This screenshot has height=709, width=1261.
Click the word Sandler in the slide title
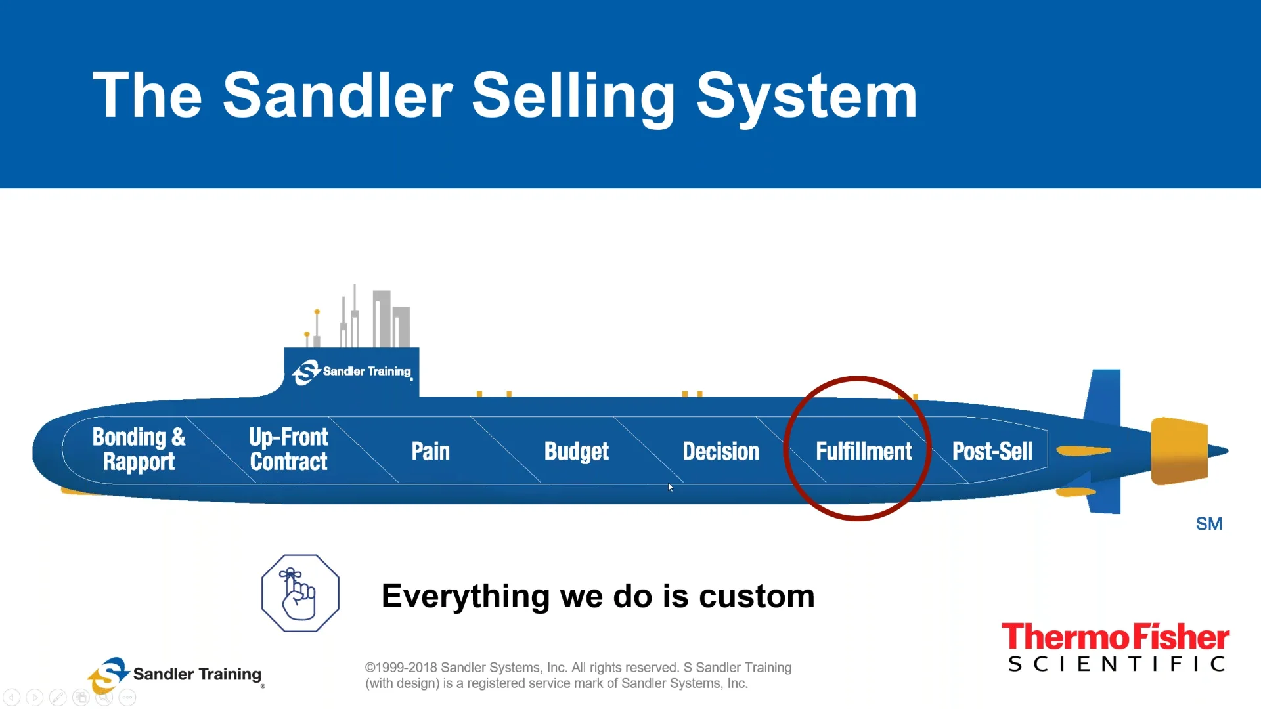click(338, 96)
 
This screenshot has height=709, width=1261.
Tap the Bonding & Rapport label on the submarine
click(139, 449)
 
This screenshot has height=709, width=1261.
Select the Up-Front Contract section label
click(288, 449)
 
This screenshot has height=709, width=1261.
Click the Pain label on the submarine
click(430, 451)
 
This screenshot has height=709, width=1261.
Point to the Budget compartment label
click(576, 452)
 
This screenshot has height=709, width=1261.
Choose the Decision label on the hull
click(720, 451)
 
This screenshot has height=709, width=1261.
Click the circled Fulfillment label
click(863, 451)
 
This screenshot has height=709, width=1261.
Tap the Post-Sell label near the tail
click(992, 451)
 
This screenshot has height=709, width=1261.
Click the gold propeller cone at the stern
click(1180, 451)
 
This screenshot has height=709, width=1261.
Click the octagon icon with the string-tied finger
click(300, 593)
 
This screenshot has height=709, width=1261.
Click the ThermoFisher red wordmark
click(1115, 637)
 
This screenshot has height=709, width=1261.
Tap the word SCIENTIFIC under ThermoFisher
click(1116, 664)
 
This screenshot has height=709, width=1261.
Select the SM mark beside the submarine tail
click(1208, 524)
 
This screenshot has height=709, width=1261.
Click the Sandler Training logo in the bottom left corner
click(175, 675)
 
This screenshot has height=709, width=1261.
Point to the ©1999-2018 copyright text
click(578, 668)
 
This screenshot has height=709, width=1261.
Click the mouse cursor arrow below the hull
click(670, 487)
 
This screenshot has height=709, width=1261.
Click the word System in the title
click(806, 96)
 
